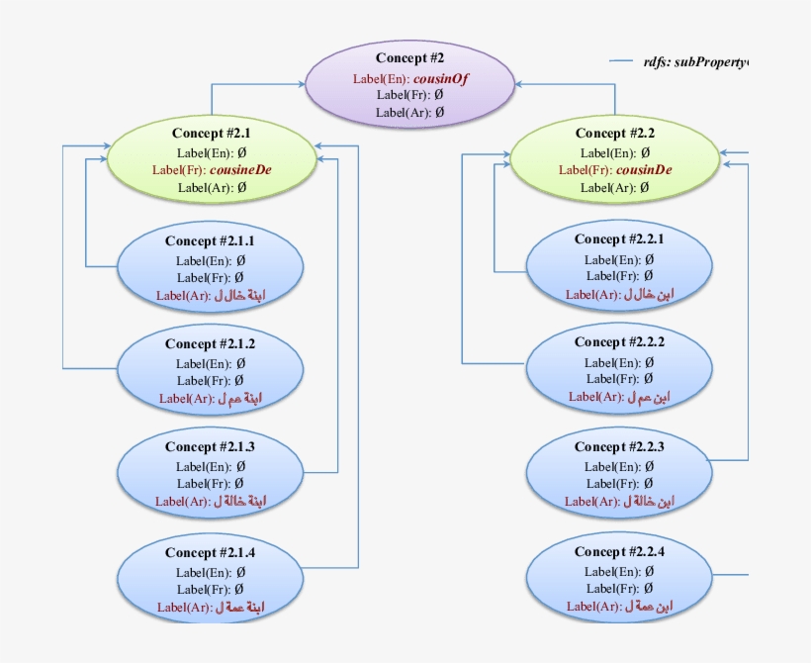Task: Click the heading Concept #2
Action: [x=409, y=58]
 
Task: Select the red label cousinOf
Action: [x=439, y=77]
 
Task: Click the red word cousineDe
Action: [x=240, y=169]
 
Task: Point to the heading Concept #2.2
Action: [x=614, y=134]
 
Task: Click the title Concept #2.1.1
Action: [x=210, y=241]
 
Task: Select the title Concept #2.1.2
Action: [x=210, y=344]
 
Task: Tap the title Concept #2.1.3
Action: [x=210, y=447]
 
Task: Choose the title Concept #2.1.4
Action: [x=210, y=553]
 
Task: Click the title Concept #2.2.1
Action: [x=619, y=239]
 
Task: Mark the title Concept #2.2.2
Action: [x=619, y=342]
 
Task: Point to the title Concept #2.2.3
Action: [x=619, y=447]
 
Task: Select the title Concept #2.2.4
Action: [x=619, y=552]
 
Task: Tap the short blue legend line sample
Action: [x=620, y=62]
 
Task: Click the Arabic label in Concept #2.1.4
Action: [x=242, y=607]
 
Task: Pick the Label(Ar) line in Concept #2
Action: [x=409, y=113]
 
